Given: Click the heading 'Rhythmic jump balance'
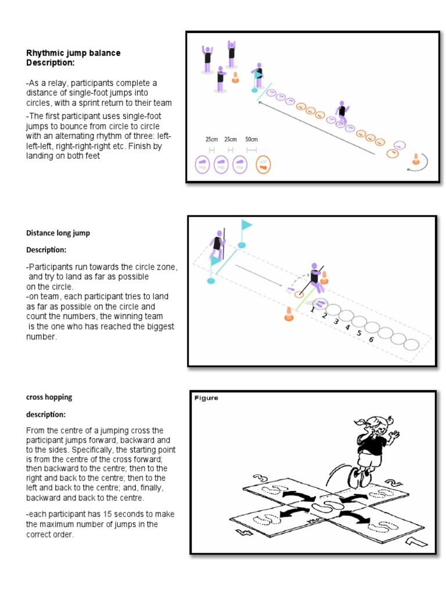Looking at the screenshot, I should tap(73, 53).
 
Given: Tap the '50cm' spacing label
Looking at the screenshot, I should tap(251, 139).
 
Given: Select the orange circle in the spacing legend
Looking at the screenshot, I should tap(263, 165).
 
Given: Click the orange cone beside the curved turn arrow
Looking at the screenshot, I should tap(416, 159).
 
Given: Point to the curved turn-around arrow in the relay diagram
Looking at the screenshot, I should tap(419, 166).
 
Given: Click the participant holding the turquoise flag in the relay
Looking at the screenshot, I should tap(257, 77).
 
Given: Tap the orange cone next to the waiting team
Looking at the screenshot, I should tap(235, 77).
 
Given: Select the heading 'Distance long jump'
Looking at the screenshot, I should tap(58, 233).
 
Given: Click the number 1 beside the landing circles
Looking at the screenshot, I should tap(312, 310).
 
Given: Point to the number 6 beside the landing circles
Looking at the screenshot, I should tap(371, 339).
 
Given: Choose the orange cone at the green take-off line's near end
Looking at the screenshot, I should tap(287, 314).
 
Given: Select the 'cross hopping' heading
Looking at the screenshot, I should tap(49, 397).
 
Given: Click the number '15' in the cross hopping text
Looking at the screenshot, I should tap(97, 514).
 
